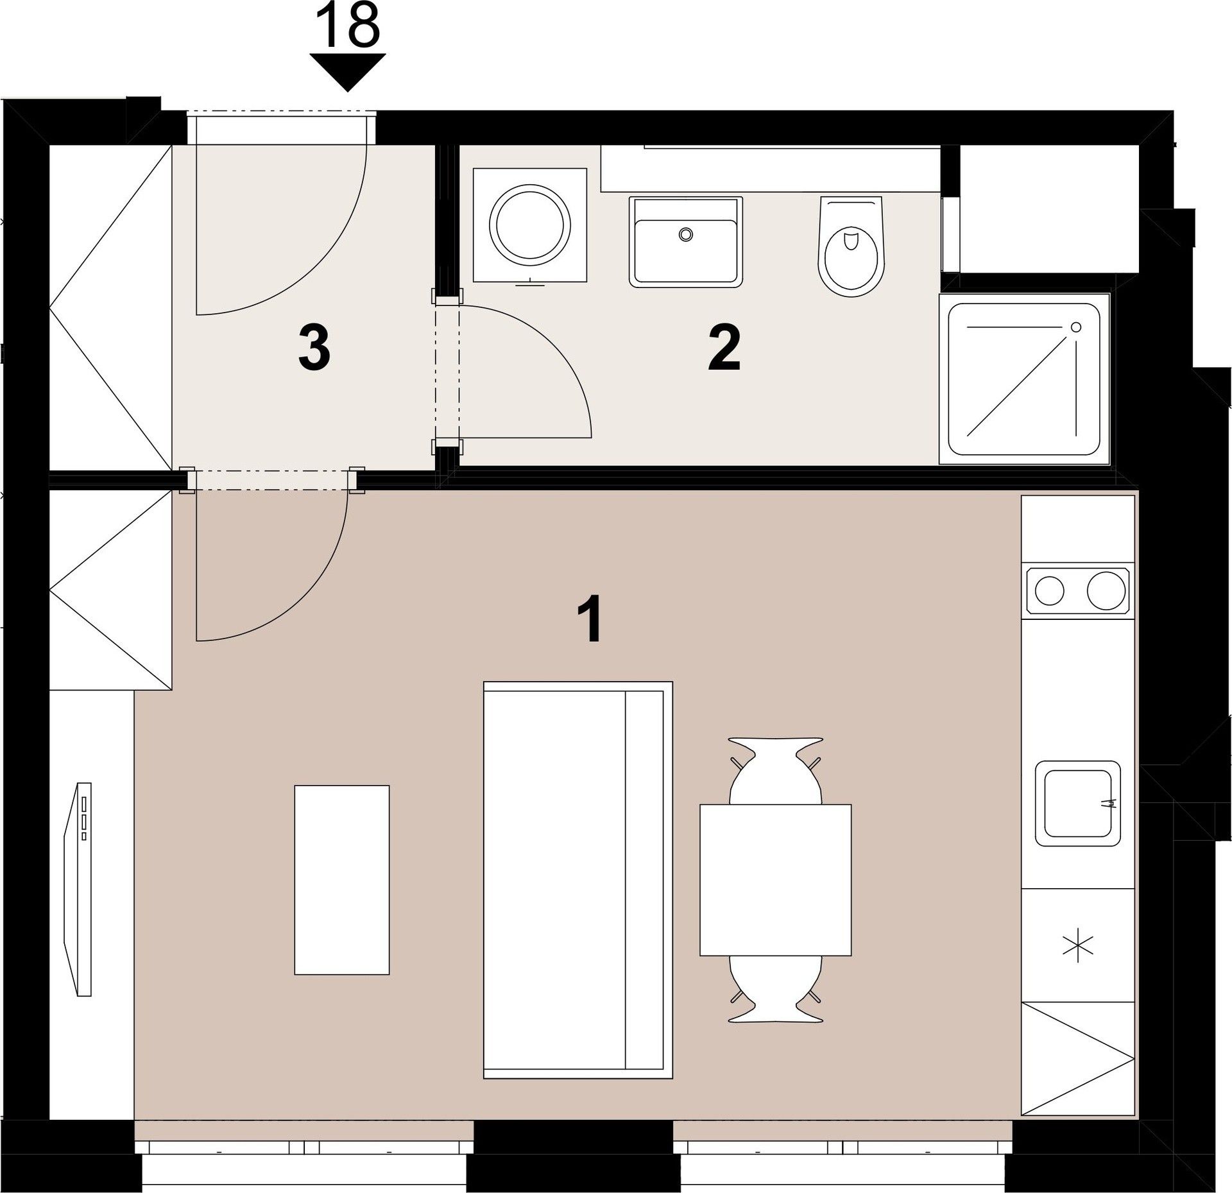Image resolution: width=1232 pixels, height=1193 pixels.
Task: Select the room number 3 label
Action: tap(314, 348)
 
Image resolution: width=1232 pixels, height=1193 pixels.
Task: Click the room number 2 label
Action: tap(724, 348)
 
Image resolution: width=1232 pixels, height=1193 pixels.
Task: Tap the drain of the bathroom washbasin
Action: tap(687, 234)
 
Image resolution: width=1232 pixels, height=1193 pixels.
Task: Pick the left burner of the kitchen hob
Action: tap(1050, 590)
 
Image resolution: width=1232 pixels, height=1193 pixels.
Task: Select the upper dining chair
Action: tap(776, 771)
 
